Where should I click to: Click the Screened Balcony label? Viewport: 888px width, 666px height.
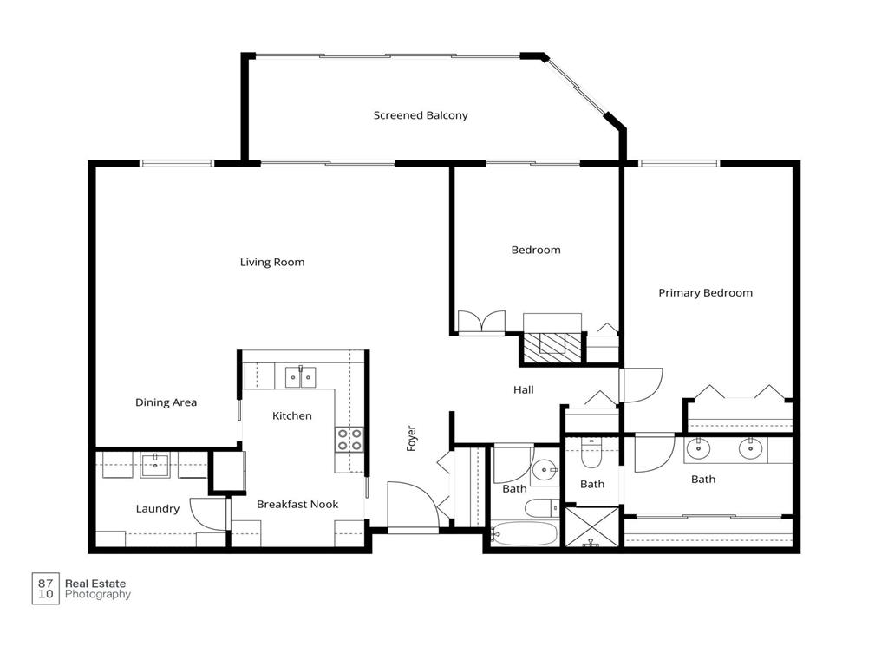(x=421, y=115)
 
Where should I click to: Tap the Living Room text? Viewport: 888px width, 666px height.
(x=272, y=262)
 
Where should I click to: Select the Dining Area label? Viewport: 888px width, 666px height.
(x=166, y=402)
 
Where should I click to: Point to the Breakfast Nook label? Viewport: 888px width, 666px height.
(x=297, y=504)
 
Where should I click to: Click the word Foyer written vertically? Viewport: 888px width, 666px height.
(x=412, y=437)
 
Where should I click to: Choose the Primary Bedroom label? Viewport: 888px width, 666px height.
(x=705, y=293)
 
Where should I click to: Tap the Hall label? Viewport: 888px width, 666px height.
(x=523, y=390)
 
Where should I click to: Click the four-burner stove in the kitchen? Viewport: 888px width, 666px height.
(x=349, y=439)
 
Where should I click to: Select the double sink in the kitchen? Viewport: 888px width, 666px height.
(x=300, y=376)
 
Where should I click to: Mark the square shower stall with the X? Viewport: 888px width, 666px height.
(x=592, y=527)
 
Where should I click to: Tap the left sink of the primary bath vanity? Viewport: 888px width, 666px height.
(x=699, y=448)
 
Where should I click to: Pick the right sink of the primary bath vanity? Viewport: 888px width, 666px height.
(x=750, y=448)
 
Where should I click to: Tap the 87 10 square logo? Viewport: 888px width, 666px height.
(x=45, y=589)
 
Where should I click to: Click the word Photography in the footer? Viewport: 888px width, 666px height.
(x=98, y=595)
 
